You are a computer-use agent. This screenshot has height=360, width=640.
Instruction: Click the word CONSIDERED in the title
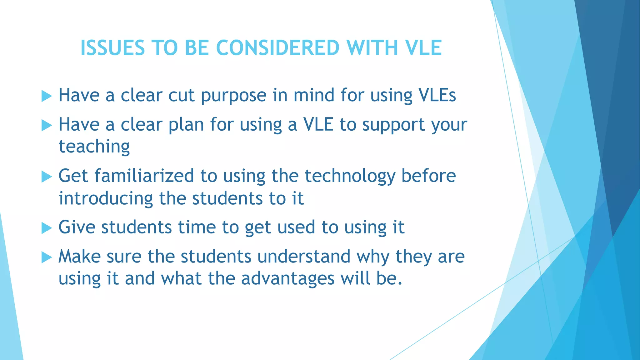(x=277, y=48)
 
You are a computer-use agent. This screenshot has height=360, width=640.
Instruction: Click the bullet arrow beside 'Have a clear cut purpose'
(x=47, y=96)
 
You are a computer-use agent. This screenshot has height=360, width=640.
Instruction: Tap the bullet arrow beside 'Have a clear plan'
(x=47, y=126)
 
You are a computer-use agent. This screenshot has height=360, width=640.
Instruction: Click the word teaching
(x=94, y=147)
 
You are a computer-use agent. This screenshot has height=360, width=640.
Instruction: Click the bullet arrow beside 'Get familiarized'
(x=47, y=177)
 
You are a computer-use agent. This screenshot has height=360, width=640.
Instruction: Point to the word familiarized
(x=144, y=176)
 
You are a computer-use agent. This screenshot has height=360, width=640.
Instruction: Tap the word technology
(x=350, y=176)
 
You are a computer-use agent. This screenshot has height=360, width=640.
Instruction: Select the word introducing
(x=106, y=199)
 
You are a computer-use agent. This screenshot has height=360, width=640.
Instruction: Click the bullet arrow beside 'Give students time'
(x=47, y=228)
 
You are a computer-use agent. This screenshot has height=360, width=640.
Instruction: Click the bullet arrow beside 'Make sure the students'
(x=47, y=258)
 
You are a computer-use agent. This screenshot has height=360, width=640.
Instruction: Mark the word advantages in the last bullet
(x=288, y=279)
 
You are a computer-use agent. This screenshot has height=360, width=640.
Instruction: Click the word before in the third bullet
(x=428, y=176)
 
